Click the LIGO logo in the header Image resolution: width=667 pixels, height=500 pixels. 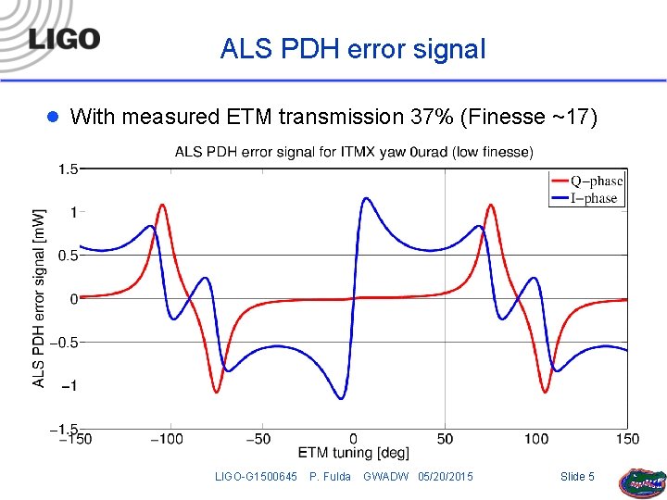coord(63,39)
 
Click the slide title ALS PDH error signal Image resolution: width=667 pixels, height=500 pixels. coord(353,49)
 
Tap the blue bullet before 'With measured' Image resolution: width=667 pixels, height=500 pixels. coord(53,117)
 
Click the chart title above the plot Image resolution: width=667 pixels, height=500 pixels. coord(353,152)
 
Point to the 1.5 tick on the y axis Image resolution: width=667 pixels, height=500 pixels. coord(68,169)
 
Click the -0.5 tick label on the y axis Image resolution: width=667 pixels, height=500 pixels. coord(63,342)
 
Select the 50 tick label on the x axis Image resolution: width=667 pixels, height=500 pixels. coord(445,438)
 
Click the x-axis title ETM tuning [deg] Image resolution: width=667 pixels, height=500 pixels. coord(353,453)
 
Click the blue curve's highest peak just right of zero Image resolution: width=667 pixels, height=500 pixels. coord(366,197)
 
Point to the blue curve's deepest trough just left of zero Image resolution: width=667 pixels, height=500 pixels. coord(341,399)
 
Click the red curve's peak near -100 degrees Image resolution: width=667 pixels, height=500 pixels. coord(163,205)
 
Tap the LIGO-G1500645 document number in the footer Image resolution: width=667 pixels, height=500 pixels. coord(256,476)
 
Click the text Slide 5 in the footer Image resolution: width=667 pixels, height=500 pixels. coord(578,476)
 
